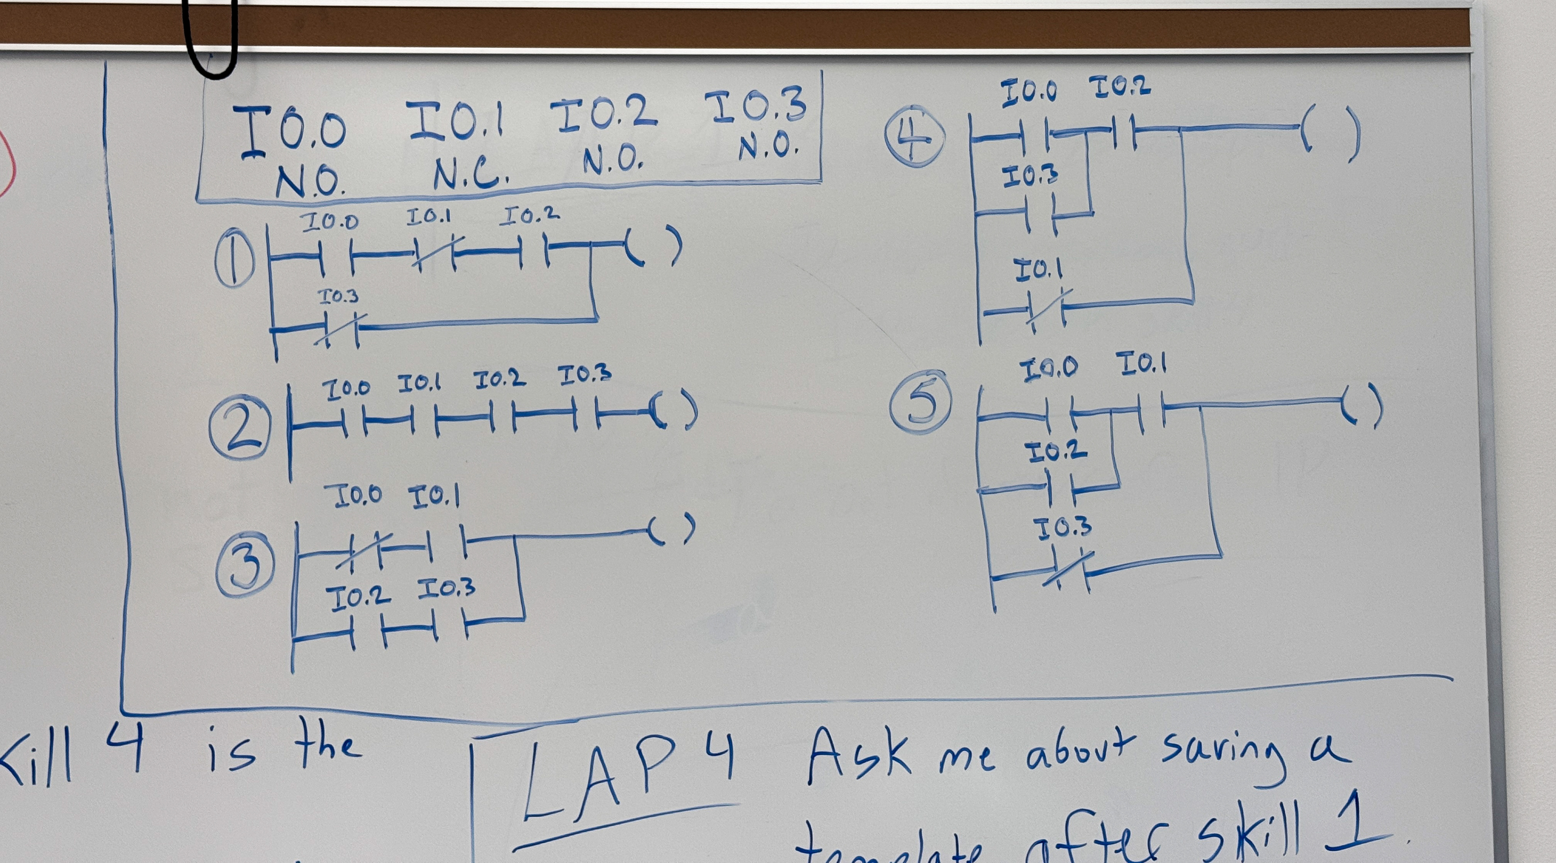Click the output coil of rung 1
click(653, 246)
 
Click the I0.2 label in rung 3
click(358, 597)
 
